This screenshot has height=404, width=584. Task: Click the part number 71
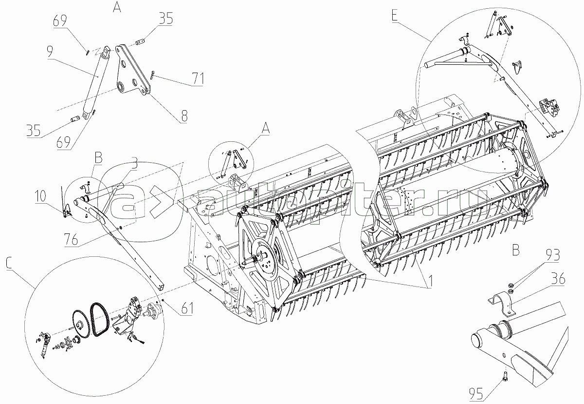[198, 78]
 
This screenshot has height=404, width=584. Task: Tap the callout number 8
[184, 115]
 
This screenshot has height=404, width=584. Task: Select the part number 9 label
[50, 52]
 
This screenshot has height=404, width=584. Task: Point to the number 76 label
[72, 239]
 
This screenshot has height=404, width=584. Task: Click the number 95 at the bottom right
[476, 394]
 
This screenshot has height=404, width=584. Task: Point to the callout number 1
[430, 282]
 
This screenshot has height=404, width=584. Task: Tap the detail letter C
[8, 263]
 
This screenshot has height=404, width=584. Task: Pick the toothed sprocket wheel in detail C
[81, 324]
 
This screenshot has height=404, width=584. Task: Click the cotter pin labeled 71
[152, 75]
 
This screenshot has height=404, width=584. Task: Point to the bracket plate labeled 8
[132, 72]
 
